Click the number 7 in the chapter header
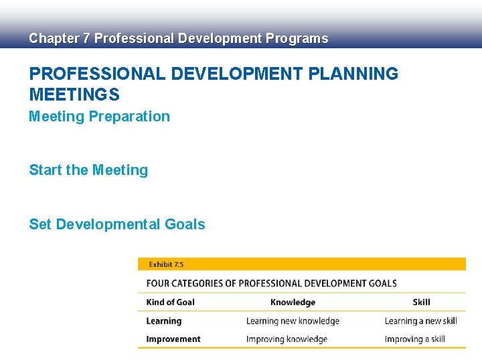(86, 39)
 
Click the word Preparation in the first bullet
(129, 117)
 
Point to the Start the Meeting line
(88, 170)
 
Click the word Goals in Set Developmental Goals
(185, 225)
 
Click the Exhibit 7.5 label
(166, 265)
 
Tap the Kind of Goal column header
(170, 302)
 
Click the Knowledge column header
(293, 302)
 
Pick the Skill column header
(421, 302)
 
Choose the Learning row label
(163, 321)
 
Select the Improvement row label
(173, 339)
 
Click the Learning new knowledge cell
(293, 321)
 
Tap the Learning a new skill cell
(420, 321)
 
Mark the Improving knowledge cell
(287, 339)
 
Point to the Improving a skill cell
(414, 339)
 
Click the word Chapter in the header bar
(53, 39)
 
